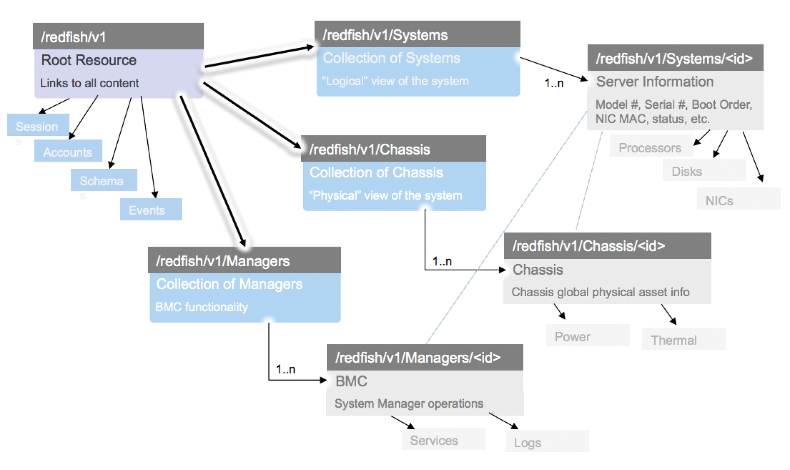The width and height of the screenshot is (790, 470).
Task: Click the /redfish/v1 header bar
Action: pyautogui.click(x=118, y=37)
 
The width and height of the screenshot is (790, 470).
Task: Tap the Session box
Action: pyautogui.click(x=38, y=126)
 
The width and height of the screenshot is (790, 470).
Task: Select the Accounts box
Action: pyautogui.click(x=68, y=151)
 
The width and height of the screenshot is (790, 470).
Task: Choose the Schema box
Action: pyautogui.click(x=103, y=180)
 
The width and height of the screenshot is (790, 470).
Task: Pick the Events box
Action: pyautogui.click(x=151, y=209)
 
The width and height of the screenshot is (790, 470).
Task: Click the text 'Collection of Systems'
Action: pyautogui.click(x=391, y=58)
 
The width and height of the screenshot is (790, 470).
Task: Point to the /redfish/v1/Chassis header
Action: pyautogui.click(x=393, y=149)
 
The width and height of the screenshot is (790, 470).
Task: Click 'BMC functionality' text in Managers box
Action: pyautogui.click(x=201, y=307)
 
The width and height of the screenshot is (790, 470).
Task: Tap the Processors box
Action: pyautogui.click(x=651, y=147)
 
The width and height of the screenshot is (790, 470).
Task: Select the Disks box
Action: pyautogui.click(x=704, y=170)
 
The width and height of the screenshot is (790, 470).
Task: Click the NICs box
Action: pyautogui.click(x=738, y=200)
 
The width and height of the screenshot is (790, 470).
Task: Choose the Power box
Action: pyautogui.click(x=587, y=336)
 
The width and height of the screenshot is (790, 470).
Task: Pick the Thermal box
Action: pyautogui.click(x=683, y=339)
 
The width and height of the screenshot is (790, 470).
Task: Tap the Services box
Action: pyautogui.click(x=443, y=440)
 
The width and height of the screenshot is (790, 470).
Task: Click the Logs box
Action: pyautogui.click(x=546, y=442)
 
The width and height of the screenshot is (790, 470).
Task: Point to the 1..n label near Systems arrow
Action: pyautogui.click(x=554, y=84)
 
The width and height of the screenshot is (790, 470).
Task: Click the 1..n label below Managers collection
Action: pyautogui.click(x=286, y=369)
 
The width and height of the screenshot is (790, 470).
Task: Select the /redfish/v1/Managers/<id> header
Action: pyautogui.click(x=424, y=357)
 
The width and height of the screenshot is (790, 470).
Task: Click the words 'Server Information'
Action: pyautogui.click(x=654, y=81)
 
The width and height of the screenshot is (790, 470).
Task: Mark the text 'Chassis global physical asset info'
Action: pyautogui.click(x=600, y=292)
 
